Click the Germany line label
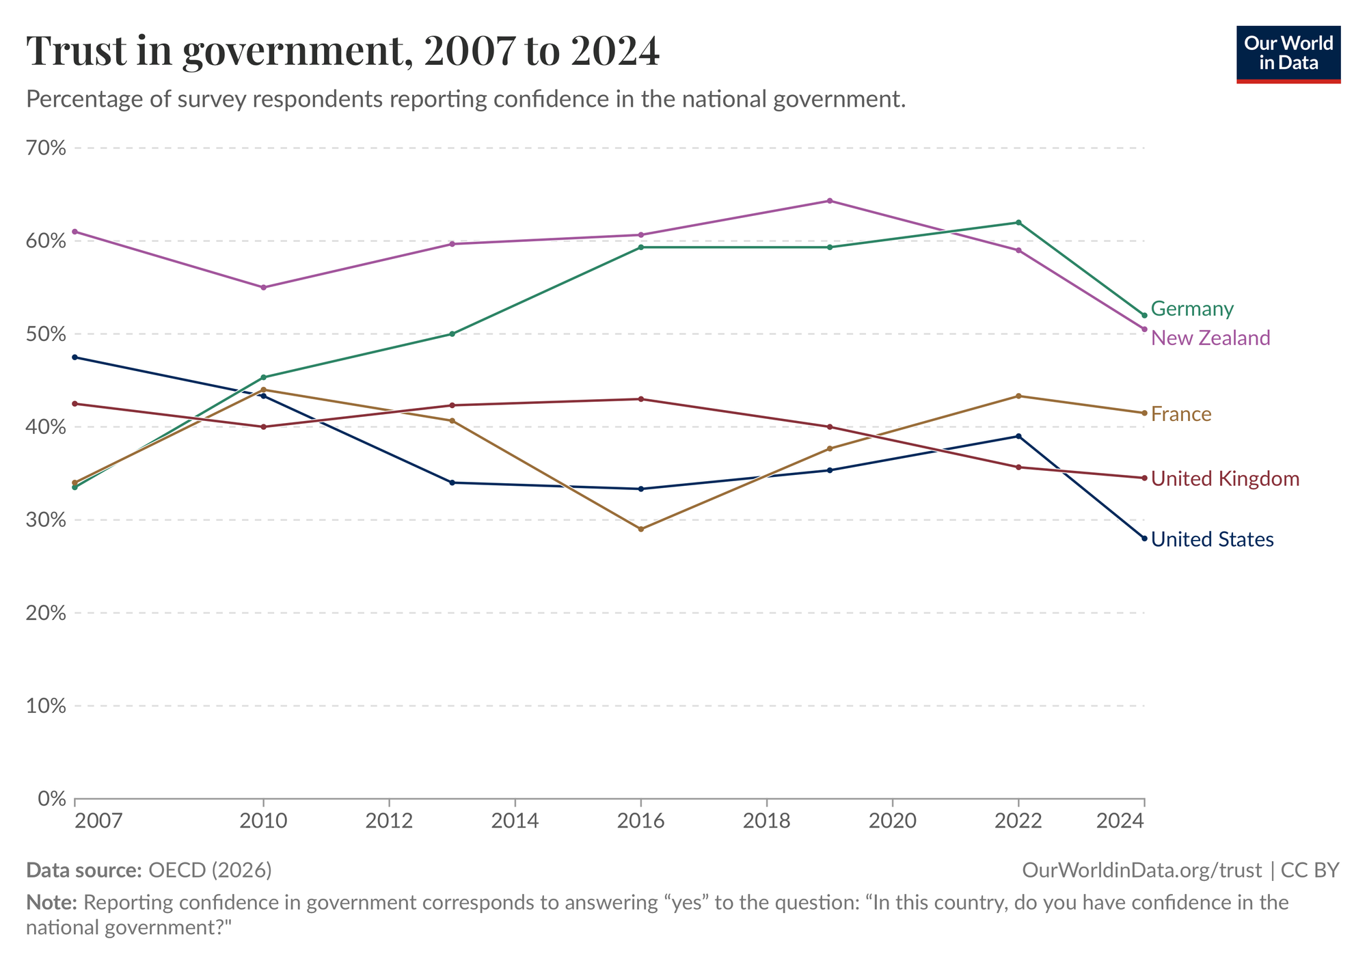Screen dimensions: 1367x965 1192,309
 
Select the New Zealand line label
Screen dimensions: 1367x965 1210,338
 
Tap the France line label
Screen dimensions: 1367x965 1181,414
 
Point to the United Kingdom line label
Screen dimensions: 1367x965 1226,478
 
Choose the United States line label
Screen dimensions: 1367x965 1213,539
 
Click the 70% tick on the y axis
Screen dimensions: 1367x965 46,148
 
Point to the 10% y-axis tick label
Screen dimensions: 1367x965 46,706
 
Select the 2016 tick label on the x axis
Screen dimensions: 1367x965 640,820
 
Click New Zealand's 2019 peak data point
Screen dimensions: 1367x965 830,201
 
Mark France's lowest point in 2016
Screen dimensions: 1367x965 640,529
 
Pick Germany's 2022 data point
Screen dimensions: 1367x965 1018,223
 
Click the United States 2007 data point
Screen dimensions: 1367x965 75,357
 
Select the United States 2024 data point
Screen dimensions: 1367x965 1144,539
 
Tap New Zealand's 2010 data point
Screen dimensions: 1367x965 264,287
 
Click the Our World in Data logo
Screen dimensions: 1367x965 1288,55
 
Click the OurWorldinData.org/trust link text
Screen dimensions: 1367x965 1142,870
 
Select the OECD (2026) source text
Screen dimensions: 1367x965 211,870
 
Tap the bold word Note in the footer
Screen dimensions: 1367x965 51,903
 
